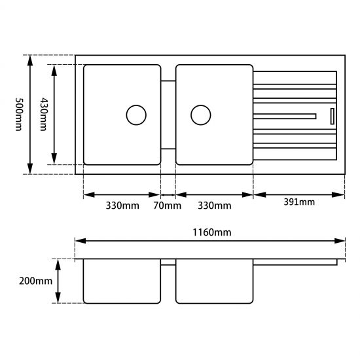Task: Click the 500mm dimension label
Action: click(18, 115)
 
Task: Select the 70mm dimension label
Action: click(168, 206)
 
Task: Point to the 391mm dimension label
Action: click(298, 202)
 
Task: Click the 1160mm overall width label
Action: click(210, 232)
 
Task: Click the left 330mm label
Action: click(122, 206)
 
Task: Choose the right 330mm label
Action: click(214, 206)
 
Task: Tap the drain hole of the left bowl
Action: click(135, 115)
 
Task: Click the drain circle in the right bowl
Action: click(200, 115)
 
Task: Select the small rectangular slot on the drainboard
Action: click(332, 116)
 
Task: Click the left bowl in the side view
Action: click(122, 281)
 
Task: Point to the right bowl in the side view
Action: click(214, 281)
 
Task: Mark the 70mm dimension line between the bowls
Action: click(168, 194)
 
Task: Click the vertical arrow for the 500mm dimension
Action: click(30, 115)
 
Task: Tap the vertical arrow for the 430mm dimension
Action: click(54, 115)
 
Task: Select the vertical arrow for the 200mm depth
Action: click(59, 280)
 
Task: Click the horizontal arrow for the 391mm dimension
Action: click(299, 194)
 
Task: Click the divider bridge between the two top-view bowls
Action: click(168, 115)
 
